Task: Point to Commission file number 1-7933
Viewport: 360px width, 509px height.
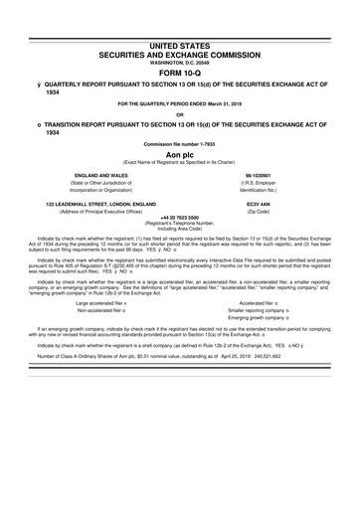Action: [179, 145]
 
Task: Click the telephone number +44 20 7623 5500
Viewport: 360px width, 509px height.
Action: [179, 217]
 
